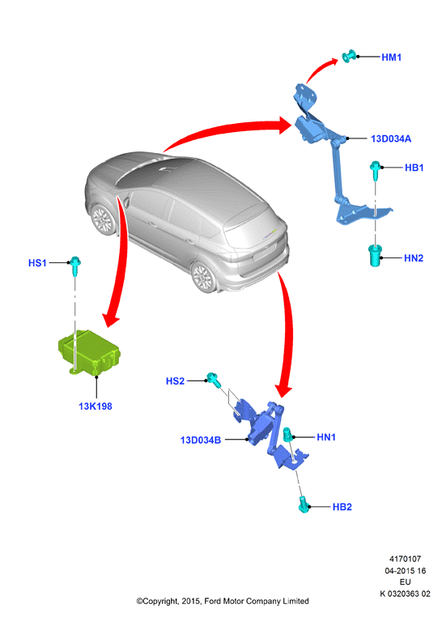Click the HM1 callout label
point(391,57)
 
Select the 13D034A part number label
point(391,138)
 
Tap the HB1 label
point(414,168)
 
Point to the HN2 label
point(414,258)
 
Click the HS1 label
point(37,263)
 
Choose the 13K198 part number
point(96,406)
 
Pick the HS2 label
point(175,381)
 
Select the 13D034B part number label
point(201,440)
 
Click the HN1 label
point(326,437)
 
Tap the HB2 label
point(342,507)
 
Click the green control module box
point(89,352)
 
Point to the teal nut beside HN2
point(375,255)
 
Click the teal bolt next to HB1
point(375,169)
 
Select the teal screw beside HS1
point(74,266)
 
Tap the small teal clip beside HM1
point(348,56)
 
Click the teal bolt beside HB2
point(304,504)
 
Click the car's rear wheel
point(203,277)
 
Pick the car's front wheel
point(103,219)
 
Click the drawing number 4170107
point(405,559)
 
